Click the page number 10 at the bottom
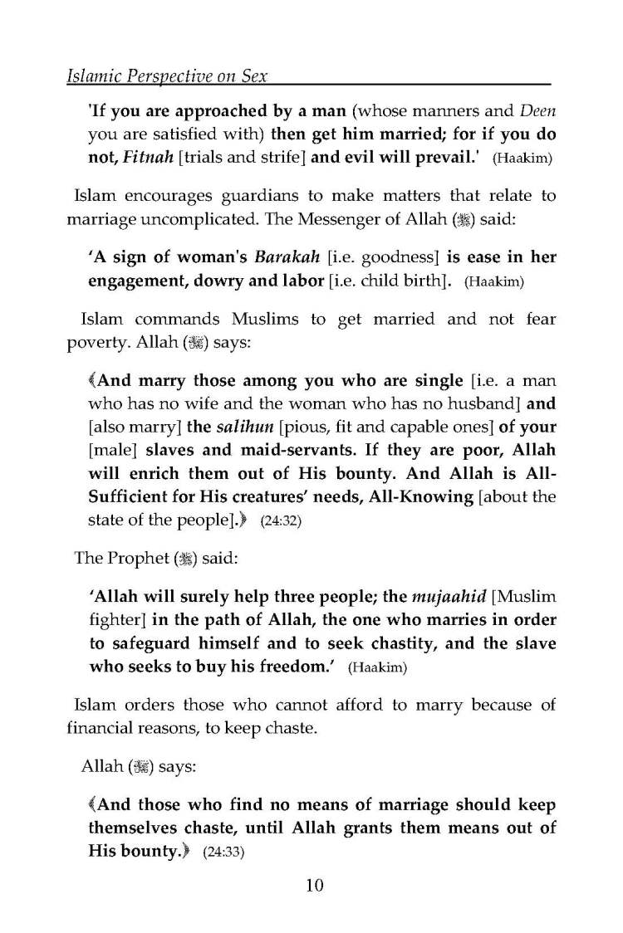[314, 885]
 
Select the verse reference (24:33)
[223, 852]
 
